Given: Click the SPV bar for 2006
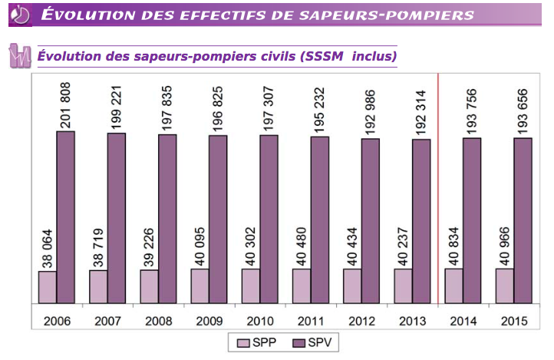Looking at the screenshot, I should click(x=66, y=217).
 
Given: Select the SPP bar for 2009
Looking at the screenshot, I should click(x=200, y=286).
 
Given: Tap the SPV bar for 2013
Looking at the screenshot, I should click(x=421, y=221).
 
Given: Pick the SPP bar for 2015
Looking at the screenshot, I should click(x=505, y=286).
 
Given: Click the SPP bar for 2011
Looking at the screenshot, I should click(x=302, y=286).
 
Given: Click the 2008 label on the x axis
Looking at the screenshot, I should click(x=157, y=321).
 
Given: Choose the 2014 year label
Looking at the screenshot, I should click(x=462, y=321).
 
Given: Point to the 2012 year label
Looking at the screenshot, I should click(x=361, y=321).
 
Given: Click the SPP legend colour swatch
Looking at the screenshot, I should click(x=243, y=342).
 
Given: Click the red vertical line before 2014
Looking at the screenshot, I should click(x=437, y=192).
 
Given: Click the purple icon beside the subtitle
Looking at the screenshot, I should click(x=18, y=56).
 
